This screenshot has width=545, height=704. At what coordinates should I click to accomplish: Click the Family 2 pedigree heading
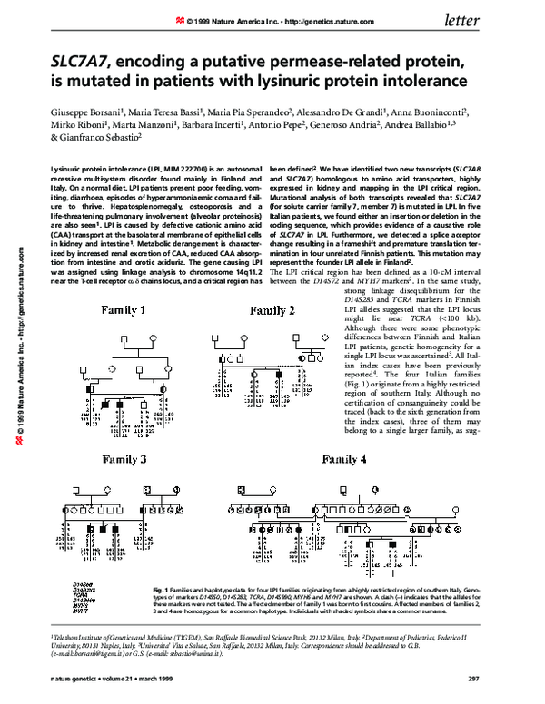coord(272,287)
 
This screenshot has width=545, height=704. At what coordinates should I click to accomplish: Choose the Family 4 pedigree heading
coord(362,459)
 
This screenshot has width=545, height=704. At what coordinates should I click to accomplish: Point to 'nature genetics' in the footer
coord(76,678)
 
